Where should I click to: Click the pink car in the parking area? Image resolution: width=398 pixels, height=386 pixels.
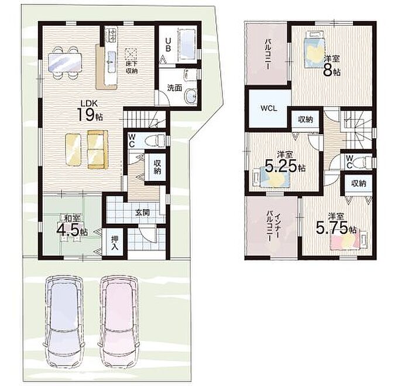tap(119, 323)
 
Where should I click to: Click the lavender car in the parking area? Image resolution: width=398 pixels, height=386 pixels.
tap(64, 323)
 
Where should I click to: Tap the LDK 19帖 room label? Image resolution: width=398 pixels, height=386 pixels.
tap(90, 111)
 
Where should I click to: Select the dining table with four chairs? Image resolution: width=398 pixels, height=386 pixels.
tap(66, 63)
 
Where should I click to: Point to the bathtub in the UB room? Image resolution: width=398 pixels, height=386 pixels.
tap(187, 45)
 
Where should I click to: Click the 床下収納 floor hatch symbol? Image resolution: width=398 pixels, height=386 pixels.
tap(131, 54)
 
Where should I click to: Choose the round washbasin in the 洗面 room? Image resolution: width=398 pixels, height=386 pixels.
tap(191, 97)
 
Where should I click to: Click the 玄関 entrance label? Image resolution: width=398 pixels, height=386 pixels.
tap(142, 213)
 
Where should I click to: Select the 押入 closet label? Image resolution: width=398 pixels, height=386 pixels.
tap(115, 242)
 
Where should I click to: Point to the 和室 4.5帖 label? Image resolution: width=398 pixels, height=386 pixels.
tap(72, 226)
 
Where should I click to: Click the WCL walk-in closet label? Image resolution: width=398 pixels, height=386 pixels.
tap(269, 109)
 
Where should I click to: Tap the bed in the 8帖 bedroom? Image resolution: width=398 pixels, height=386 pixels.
tap(314, 50)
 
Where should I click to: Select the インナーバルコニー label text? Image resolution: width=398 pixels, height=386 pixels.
tap(273, 226)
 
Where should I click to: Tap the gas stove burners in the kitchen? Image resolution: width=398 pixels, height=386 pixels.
tap(112, 35)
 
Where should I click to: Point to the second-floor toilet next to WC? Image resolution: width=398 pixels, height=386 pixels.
tap(362, 161)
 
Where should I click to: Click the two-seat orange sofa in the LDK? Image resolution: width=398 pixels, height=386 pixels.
tap(98, 149)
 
